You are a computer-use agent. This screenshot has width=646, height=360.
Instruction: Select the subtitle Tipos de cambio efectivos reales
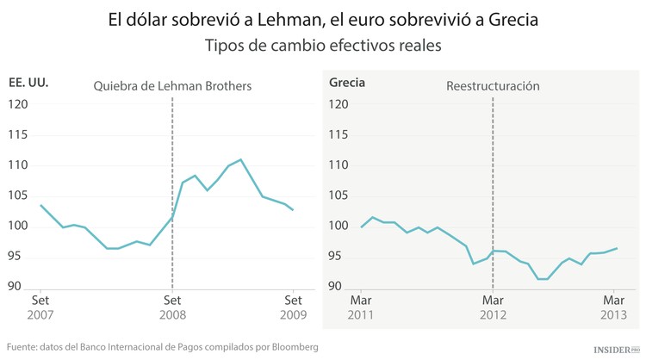(x=323, y=46)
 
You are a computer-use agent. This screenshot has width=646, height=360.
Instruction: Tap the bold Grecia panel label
(x=347, y=84)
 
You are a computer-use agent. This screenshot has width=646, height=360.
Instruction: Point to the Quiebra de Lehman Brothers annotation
(x=172, y=86)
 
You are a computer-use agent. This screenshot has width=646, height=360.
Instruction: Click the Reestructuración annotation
(x=493, y=86)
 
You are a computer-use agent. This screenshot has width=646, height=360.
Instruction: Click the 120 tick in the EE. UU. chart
(x=18, y=104)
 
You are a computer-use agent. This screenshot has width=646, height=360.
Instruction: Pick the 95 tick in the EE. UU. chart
(x=18, y=257)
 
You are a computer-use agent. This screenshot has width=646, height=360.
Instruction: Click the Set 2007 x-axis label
(x=40, y=308)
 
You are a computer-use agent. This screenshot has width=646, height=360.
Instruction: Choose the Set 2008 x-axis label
(x=172, y=308)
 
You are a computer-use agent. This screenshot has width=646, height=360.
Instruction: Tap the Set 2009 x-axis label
(x=294, y=308)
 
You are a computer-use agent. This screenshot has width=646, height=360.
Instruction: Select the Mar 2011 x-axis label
(x=362, y=308)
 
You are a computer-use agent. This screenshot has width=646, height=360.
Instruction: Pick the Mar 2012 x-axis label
(x=493, y=308)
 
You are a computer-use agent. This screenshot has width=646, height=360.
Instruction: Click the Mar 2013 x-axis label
(x=614, y=308)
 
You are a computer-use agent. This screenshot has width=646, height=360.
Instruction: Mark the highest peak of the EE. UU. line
(x=241, y=159)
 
